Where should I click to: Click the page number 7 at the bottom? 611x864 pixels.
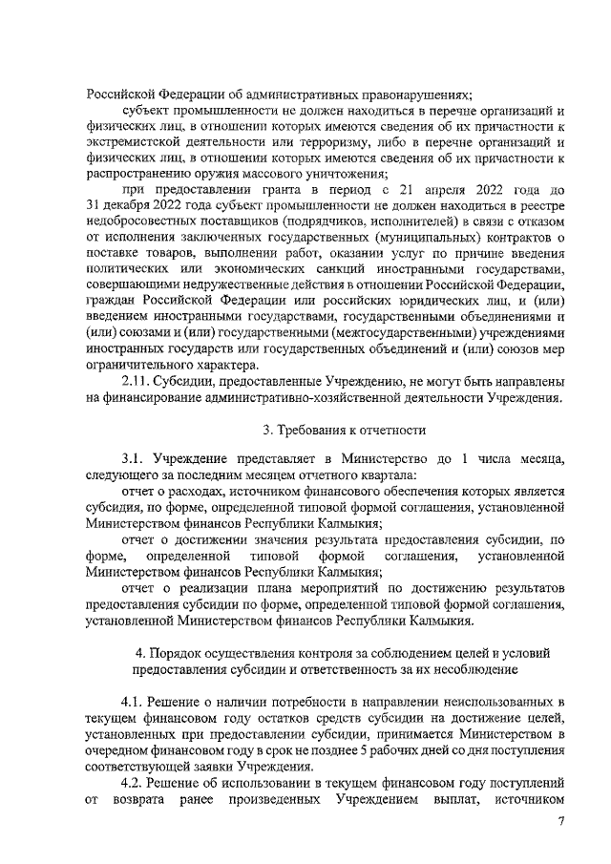[561, 822]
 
